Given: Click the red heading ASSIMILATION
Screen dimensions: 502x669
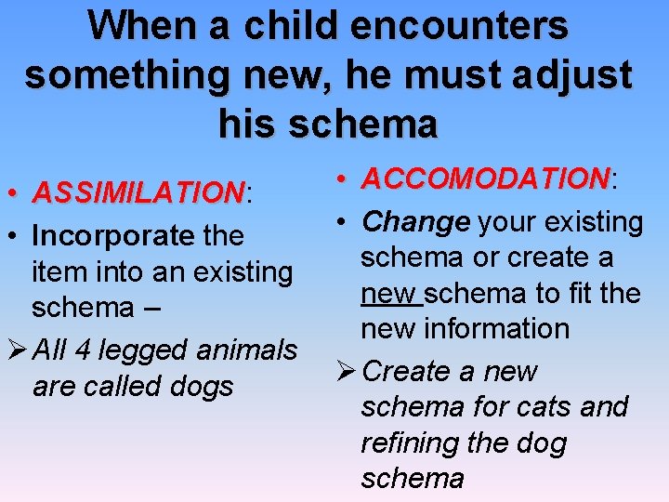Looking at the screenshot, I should point(137,193).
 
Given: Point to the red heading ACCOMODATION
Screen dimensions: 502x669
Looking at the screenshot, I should point(484,178).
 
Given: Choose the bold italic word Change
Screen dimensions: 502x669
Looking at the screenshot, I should point(416,222).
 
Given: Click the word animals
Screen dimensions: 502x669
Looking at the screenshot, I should point(247,350).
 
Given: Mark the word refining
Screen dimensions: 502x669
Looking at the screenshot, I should point(410,443).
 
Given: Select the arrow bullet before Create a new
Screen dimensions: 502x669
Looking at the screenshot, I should point(345,371).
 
